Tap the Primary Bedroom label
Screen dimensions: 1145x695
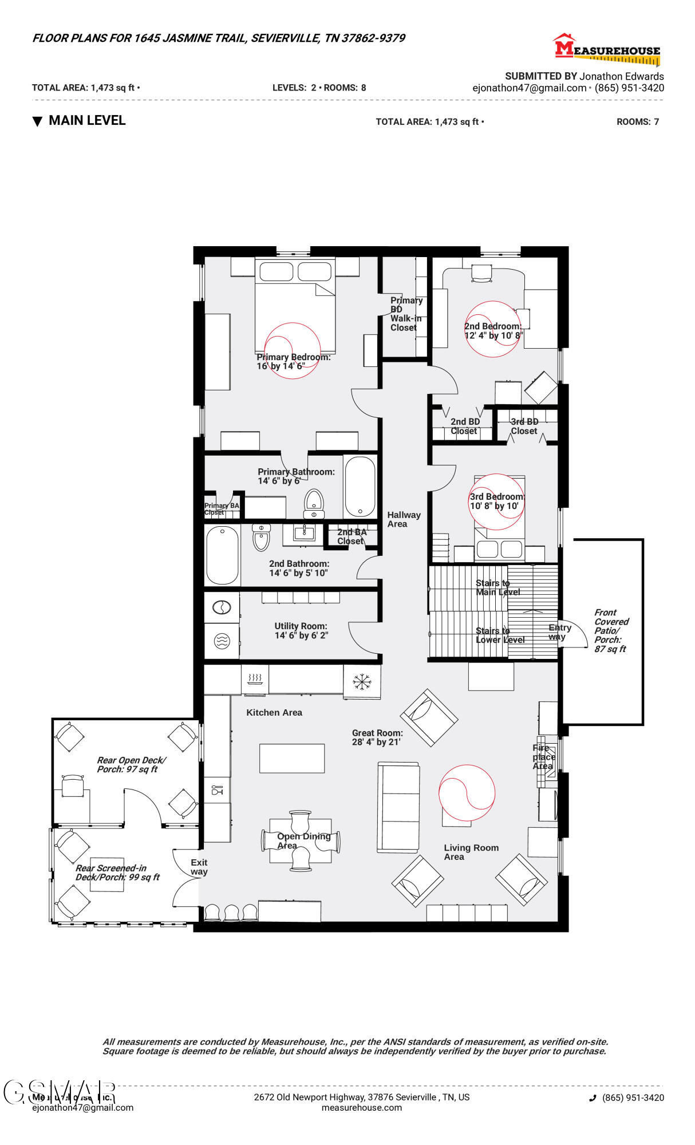293,361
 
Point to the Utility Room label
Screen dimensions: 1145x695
301,630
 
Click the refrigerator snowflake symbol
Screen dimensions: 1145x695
362,681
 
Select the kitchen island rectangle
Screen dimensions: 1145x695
292,758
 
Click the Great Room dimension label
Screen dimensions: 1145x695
377,737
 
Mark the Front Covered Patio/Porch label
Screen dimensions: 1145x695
610,630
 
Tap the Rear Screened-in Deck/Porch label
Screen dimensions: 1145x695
117,872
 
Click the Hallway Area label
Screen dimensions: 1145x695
403,519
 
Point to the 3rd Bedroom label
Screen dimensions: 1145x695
496,501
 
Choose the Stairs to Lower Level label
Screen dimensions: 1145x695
499,635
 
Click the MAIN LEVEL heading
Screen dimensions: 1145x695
86,120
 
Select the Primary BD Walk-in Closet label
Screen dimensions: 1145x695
405,314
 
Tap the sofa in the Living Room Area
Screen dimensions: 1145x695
397,807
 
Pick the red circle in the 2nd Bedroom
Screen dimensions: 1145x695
492,329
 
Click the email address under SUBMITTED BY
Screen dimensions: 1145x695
529,88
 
